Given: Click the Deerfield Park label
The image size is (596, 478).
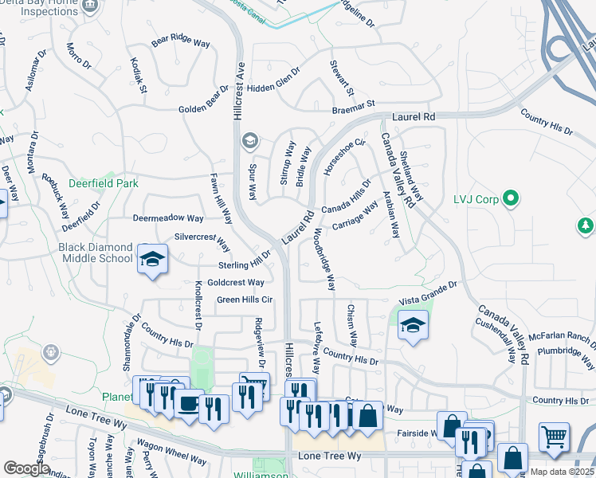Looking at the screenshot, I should pyautogui.click(x=104, y=183).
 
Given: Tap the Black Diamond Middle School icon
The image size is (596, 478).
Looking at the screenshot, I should pyautogui.click(x=153, y=259).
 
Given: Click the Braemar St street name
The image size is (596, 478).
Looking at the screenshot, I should pyautogui.click(x=354, y=106).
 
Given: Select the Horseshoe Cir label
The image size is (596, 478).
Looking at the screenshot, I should pyautogui.click(x=344, y=156).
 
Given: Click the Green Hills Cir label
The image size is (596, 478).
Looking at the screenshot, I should pyautogui.click(x=245, y=300).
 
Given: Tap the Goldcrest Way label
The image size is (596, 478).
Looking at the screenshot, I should pyautogui.click(x=235, y=283).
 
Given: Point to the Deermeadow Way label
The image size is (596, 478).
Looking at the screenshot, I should pyautogui.click(x=168, y=218).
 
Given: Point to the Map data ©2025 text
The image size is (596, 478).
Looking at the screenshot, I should pyautogui.click(x=562, y=472).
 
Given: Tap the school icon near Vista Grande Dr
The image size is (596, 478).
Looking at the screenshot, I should pyautogui.click(x=413, y=325).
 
